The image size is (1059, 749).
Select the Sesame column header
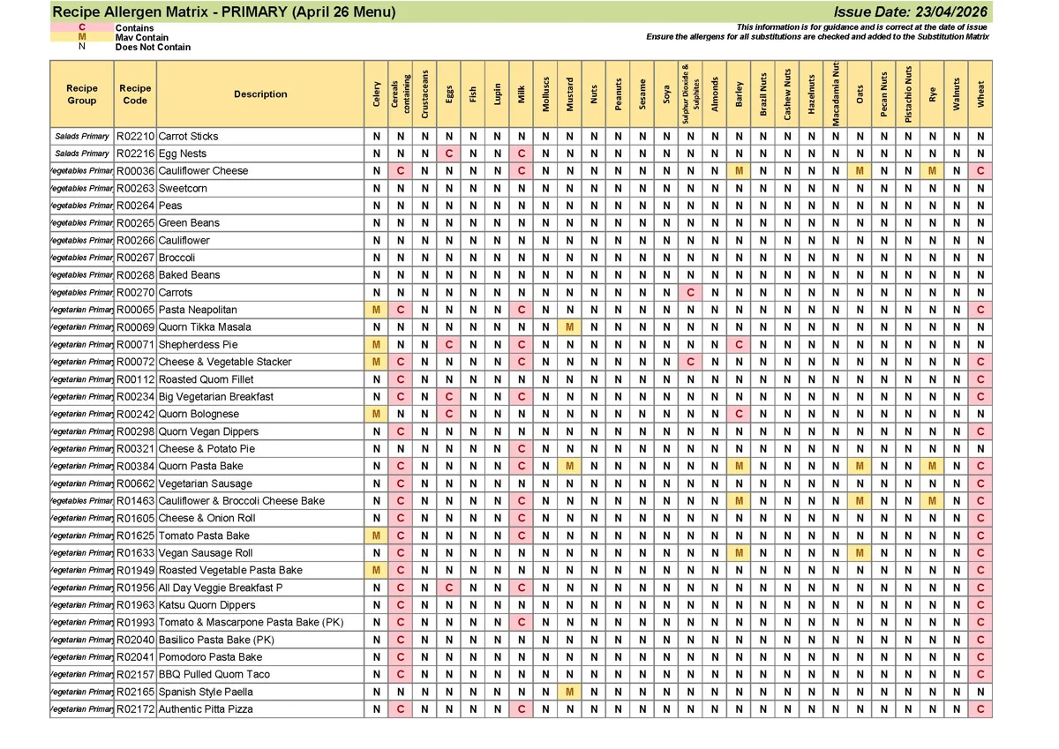tap(642, 94)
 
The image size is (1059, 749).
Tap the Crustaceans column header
tap(424, 94)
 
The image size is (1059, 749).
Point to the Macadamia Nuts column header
tap(836, 94)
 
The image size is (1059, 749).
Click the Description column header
tap(260, 94)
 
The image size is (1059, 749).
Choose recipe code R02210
tap(136, 137)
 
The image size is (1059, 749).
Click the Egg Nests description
tap(183, 154)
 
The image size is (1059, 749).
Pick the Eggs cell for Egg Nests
tap(449, 154)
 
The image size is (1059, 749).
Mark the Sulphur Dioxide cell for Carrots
tap(691, 293)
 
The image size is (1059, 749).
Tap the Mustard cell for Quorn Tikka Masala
tap(570, 327)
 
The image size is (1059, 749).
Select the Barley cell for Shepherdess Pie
tap(740, 345)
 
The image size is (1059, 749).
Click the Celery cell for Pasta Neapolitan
tap(377, 310)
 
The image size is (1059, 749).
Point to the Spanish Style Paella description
tap(206, 693)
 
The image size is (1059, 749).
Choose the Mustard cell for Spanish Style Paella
tap(570, 693)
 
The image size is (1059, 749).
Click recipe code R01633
tap(136, 553)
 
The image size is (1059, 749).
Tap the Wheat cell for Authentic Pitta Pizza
tap(980, 709)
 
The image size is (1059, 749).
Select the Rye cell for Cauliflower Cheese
tap(933, 171)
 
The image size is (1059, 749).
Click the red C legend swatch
tap(82, 27)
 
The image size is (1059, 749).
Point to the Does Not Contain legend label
tap(153, 48)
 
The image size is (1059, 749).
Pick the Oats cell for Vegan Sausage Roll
tap(860, 553)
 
